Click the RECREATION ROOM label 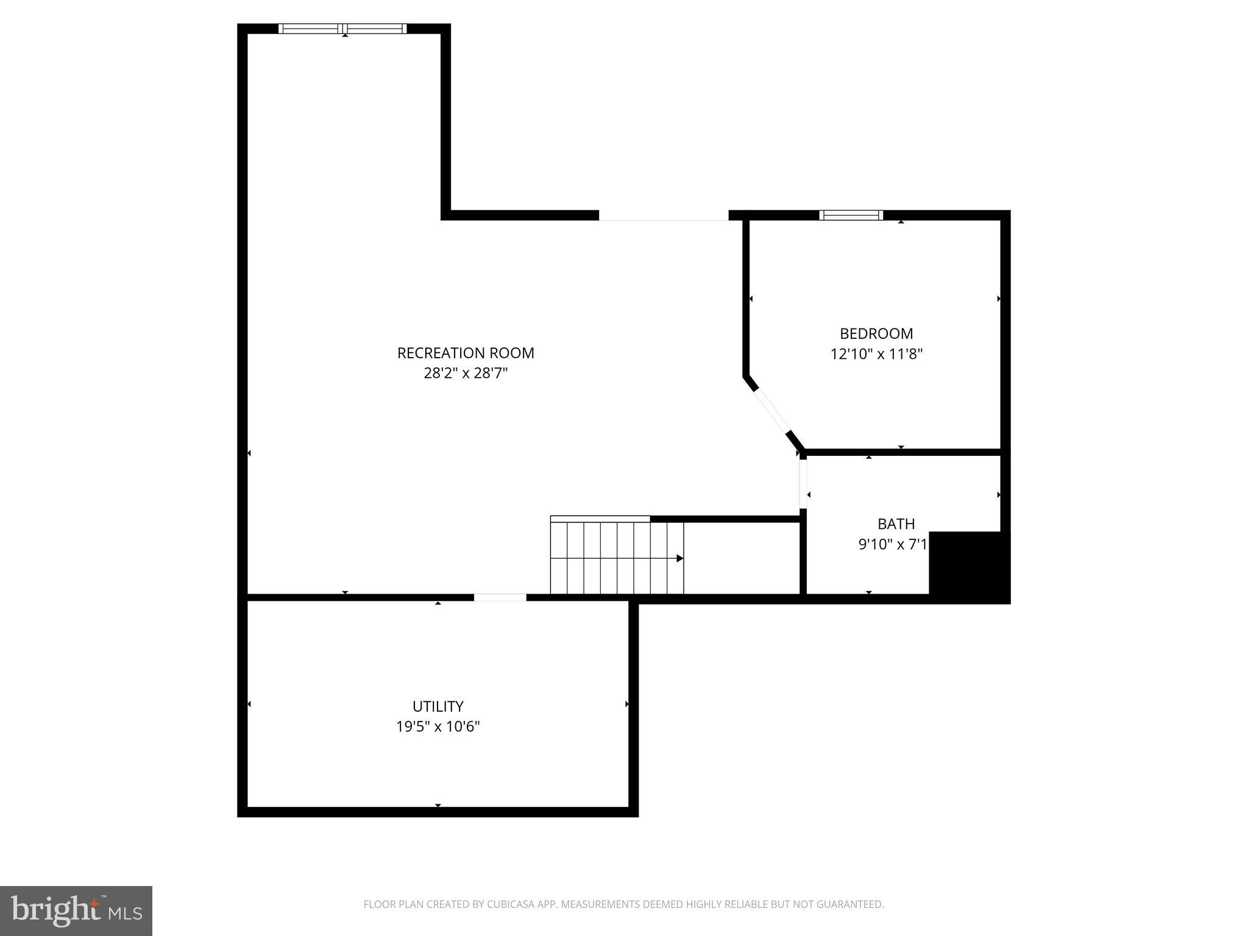(x=466, y=353)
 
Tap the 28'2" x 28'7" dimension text (x=466, y=373)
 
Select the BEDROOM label (x=876, y=333)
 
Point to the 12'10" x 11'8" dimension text (x=876, y=354)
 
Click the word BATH (x=896, y=523)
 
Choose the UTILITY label (x=438, y=706)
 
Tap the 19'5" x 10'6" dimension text (x=438, y=726)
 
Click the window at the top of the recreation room (x=342, y=29)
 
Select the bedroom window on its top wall (x=851, y=215)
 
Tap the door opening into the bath (x=803, y=484)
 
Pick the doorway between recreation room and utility (x=500, y=597)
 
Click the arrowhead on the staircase (x=680, y=558)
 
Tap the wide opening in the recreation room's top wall (x=663, y=216)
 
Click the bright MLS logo (x=76, y=910)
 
